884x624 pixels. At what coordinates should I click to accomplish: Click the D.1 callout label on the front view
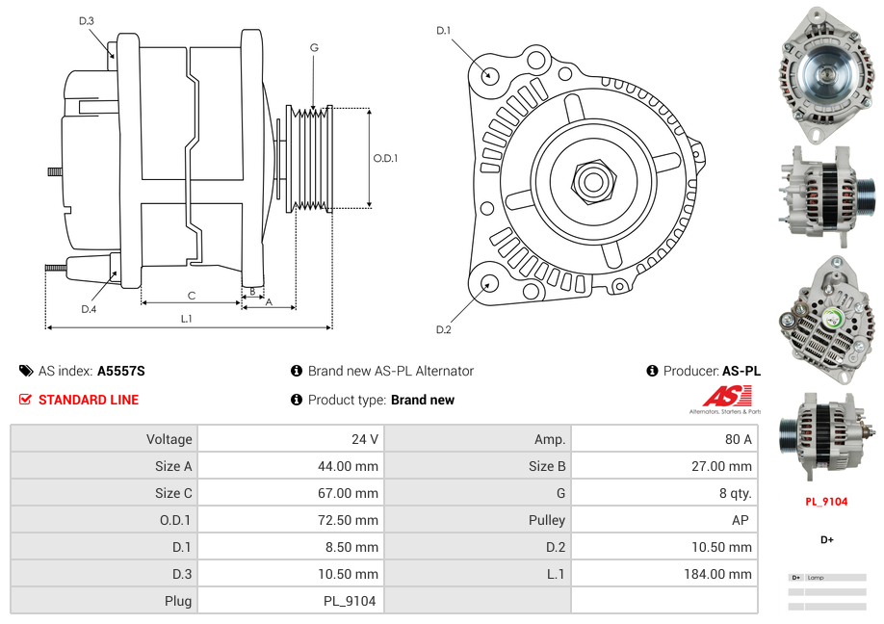443,31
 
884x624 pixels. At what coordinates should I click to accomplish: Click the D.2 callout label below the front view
443,329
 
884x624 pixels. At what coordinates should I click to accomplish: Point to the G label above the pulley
314,47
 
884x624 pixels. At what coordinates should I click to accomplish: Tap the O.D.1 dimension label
385,159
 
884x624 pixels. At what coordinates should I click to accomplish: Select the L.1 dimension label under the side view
187,318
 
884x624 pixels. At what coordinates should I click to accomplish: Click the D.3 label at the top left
86,20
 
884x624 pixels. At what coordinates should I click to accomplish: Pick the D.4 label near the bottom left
89,309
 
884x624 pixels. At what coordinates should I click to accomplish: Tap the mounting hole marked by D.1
490,74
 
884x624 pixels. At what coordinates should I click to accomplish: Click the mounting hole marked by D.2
489,283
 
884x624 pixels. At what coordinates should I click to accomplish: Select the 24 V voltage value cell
365,439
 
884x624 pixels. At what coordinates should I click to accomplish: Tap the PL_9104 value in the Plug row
350,601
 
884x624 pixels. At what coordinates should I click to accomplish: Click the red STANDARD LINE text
89,400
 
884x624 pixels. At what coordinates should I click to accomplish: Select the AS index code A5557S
121,371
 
